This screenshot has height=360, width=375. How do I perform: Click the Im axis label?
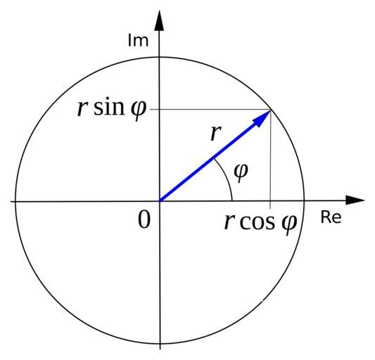[x=138, y=40]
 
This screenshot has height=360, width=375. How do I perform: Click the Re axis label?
[x=331, y=217]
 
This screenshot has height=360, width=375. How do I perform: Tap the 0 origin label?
[x=144, y=220]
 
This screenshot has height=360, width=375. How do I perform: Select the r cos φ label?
[x=261, y=223]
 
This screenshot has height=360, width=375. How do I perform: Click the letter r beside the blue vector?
[x=216, y=133]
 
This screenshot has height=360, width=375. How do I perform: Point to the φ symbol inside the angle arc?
[x=241, y=172]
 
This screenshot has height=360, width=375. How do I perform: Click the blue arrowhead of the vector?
[x=261, y=117]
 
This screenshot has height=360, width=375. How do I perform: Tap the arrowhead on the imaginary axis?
[x=159, y=20]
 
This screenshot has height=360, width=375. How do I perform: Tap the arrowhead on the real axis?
[x=355, y=200]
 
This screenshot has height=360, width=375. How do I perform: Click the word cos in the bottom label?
[x=257, y=223]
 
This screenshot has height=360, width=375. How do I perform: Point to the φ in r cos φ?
[x=289, y=225]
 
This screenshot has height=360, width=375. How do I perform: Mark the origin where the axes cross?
[x=160, y=201]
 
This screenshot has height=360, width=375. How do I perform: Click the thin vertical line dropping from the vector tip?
[x=270, y=159]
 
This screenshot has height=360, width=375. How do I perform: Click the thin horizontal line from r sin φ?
[x=210, y=110]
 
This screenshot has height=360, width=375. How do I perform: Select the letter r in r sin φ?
[x=82, y=109]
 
